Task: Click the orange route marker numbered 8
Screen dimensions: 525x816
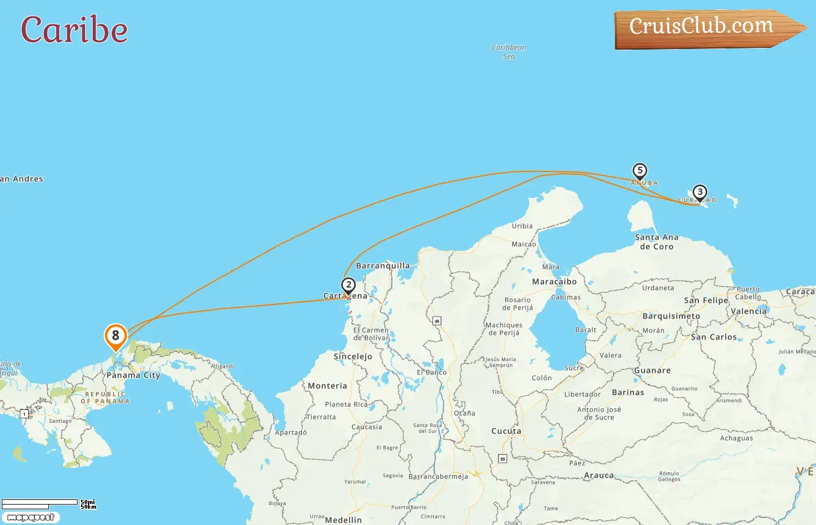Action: pos(115,336)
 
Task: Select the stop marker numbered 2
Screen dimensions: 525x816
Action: pos(349,285)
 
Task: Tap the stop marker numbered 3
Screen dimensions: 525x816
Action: pos(699,192)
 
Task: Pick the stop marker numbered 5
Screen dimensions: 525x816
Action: pos(640,171)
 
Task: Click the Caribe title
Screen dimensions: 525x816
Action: pos(74,30)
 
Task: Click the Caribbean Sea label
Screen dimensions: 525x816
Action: pos(509,52)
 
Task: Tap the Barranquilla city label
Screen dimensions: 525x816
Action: pos(383,266)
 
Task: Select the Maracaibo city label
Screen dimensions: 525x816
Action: pos(554,282)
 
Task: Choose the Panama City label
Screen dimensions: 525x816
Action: pos(133,375)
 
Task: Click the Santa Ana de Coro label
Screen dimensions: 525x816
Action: pos(657,242)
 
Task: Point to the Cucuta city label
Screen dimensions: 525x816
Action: pos(506,431)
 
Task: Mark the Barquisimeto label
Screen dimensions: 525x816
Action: pos(671,316)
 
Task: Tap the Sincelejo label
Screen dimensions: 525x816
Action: pos(353,356)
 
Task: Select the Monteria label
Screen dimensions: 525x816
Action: pos(327,386)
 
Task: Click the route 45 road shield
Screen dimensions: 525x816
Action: pos(437,321)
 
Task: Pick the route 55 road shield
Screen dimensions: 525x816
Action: pos(502,459)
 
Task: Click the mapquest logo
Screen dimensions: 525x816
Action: pos(30,517)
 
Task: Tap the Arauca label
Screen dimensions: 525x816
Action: pos(599,475)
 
